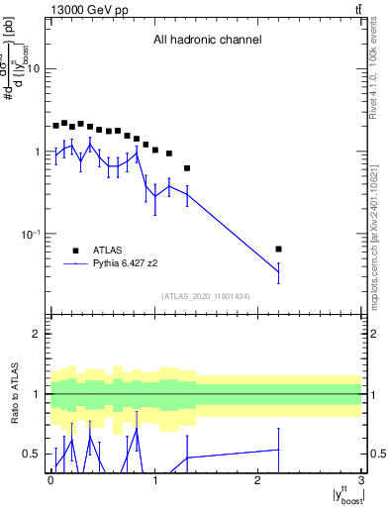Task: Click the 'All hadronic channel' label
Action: tap(207, 41)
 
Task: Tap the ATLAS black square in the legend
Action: tap(75, 251)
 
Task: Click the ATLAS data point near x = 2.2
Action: tap(279, 249)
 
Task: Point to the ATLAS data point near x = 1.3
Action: tap(187, 168)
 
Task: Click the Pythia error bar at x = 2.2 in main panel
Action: tap(279, 271)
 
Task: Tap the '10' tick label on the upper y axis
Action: tap(34, 69)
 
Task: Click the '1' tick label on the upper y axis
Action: tap(37, 152)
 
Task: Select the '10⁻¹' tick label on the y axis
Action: tap(32, 234)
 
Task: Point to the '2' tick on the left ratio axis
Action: tap(37, 334)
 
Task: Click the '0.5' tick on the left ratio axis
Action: tap(32, 454)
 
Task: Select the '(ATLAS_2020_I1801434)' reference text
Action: tap(206, 296)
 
